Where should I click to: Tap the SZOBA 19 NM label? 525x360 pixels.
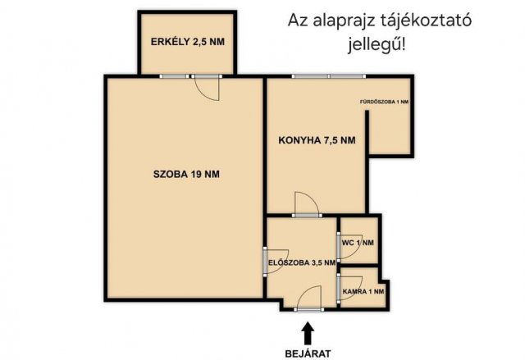tap(186, 173)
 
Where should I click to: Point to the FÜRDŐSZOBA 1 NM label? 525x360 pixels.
tap(385, 102)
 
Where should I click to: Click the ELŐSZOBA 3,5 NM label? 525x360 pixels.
tap(302, 262)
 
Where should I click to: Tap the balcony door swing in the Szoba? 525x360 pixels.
tap(208, 89)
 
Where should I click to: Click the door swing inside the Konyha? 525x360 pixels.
tap(306, 203)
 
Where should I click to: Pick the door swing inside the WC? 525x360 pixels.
tap(345, 242)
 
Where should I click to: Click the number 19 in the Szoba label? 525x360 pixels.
tap(197, 173)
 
